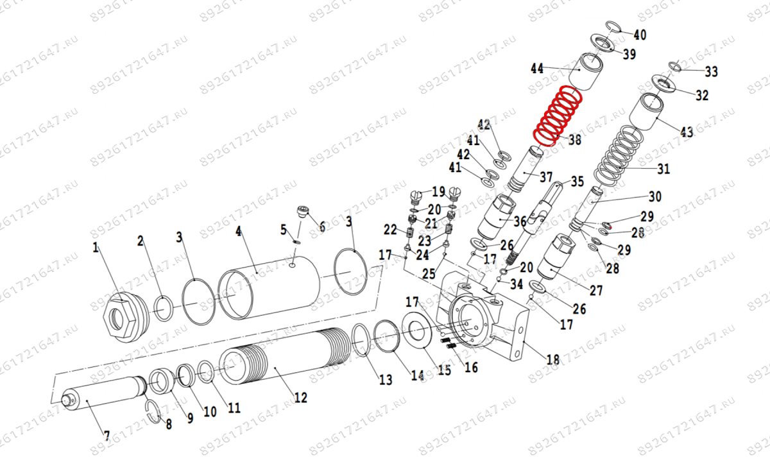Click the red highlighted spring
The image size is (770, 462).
(559, 116)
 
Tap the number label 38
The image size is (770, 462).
(574, 139)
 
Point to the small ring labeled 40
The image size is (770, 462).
(613, 26)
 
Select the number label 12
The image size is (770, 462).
(300, 398)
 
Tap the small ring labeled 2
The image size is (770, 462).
(163, 307)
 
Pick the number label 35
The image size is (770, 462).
(577, 182)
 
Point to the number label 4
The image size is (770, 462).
(239, 231)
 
